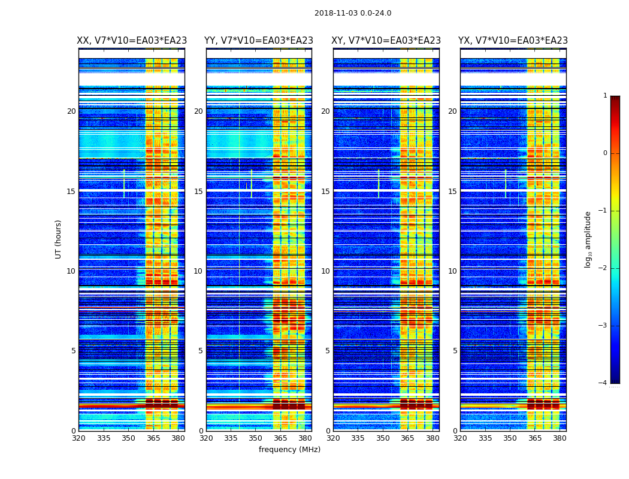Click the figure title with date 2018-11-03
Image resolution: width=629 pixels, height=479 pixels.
(x=353, y=13)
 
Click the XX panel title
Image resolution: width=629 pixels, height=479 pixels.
(x=132, y=41)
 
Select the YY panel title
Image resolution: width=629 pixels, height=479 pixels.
(x=259, y=41)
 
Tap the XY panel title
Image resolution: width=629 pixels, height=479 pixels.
(x=386, y=41)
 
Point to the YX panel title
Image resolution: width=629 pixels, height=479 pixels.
(x=513, y=41)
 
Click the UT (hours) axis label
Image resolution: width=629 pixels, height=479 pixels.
(x=59, y=239)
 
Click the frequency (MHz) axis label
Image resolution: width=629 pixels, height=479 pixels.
(x=289, y=450)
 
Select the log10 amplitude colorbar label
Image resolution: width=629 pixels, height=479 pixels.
(x=588, y=239)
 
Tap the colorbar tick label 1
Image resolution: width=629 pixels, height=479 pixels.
(x=604, y=96)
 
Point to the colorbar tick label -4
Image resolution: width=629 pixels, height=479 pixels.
(x=603, y=383)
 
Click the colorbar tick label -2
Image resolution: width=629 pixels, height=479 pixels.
(x=603, y=268)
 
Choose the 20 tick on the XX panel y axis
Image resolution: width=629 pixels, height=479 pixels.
(x=71, y=111)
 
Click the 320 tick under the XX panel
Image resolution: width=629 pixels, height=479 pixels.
(x=78, y=438)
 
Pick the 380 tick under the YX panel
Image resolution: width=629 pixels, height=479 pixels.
(x=560, y=438)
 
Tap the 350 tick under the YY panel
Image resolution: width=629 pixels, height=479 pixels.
(x=256, y=438)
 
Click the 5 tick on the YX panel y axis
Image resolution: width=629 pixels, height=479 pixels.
(x=455, y=351)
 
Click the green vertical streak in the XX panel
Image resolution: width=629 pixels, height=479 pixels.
(x=124, y=183)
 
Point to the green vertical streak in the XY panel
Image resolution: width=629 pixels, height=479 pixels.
(x=379, y=183)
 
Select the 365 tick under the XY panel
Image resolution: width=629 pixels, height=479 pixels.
(x=408, y=438)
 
